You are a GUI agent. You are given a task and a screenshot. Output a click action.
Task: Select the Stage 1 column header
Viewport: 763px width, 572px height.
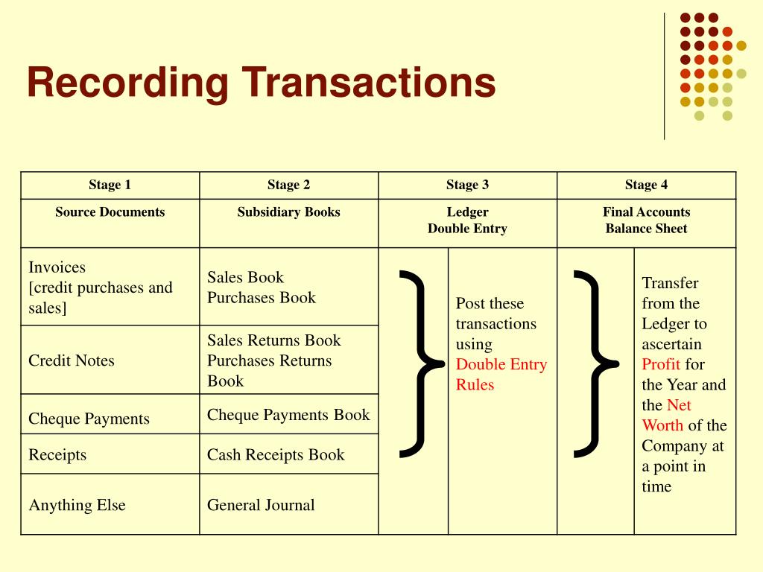click(110, 185)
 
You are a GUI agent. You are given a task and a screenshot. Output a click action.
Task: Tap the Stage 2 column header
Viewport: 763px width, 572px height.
click(288, 185)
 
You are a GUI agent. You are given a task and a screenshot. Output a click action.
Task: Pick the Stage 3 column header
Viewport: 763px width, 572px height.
click(467, 185)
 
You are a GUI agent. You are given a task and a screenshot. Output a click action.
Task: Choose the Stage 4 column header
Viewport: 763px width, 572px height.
click(646, 185)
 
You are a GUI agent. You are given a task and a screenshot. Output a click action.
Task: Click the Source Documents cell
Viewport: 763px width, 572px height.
click(110, 212)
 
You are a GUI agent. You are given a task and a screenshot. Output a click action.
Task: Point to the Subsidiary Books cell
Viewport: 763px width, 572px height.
click(288, 212)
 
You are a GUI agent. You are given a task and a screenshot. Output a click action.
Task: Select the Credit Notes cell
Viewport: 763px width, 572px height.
click(72, 361)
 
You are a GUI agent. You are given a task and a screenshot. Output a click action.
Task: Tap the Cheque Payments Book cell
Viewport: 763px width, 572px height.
click(288, 415)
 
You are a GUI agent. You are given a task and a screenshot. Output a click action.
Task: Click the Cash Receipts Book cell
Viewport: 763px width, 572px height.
click(276, 455)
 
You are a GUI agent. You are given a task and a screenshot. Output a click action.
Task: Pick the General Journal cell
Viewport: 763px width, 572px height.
click(261, 505)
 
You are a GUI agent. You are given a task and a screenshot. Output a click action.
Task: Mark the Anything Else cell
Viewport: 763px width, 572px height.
click(77, 505)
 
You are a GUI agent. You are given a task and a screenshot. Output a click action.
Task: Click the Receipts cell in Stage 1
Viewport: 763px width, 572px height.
click(57, 455)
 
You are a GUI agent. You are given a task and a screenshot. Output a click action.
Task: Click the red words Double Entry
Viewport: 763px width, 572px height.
click(501, 365)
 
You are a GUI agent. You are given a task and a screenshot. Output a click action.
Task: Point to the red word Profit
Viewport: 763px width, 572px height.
click(661, 365)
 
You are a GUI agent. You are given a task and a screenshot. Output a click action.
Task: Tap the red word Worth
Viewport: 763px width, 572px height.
click(662, 426)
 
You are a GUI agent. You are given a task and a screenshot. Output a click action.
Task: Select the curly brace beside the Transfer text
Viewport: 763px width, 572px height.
click(594, 362)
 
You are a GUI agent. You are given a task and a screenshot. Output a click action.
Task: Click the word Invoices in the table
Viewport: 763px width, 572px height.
click(57, 267)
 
